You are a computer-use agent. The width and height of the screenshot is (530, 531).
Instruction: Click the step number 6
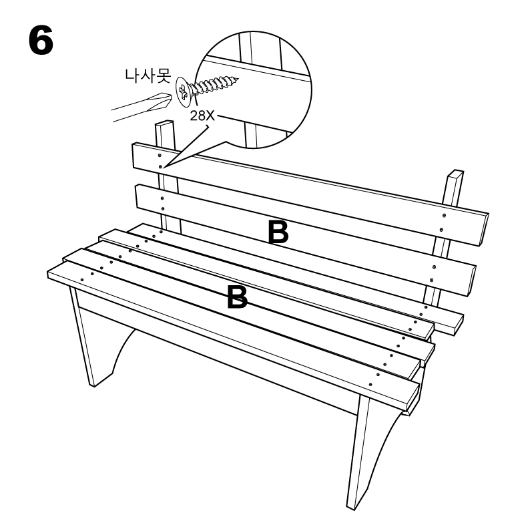(x=41, y=41)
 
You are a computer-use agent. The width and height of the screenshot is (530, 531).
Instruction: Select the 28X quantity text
(x=202, y=116)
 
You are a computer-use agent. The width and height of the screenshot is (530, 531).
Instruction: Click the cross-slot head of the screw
(x=183, y=90)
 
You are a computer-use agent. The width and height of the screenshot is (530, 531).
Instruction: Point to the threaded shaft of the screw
(x=215, y=85)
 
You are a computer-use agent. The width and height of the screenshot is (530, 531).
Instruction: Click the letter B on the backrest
(x=278, y=232)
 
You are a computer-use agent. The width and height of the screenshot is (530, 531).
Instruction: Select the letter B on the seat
(x=237, y=297)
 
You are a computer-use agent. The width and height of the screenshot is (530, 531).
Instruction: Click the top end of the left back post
(x=164, y=123)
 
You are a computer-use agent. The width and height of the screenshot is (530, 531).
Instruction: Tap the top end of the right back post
(x=455, y=173)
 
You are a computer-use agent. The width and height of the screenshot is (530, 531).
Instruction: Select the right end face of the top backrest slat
(x=484, y=229)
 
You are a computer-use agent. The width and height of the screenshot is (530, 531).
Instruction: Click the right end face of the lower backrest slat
(x=472, y=281)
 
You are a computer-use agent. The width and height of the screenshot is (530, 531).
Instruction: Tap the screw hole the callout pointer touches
(x=160, y=166)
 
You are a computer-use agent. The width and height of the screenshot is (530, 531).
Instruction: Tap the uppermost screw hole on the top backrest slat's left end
(x=160, y=156)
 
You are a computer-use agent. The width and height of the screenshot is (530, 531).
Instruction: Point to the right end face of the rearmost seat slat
(x=459, y=325)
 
